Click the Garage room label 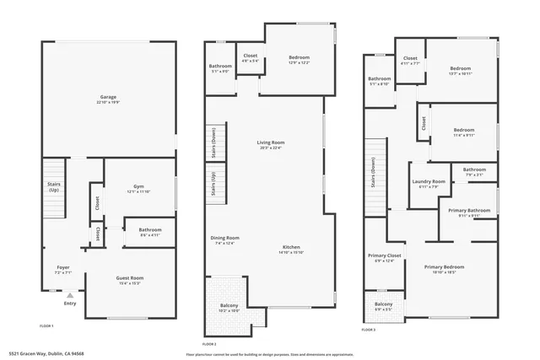[x=109, y=97]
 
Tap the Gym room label [x=138, y=186]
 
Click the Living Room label [x=271, y=142]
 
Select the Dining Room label [x=225, y=238]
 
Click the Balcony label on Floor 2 [x=229, y=305]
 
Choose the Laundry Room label [x=429, y=181]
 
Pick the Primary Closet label [x=384, y=255]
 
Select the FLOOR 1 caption [x=47, y=325]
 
